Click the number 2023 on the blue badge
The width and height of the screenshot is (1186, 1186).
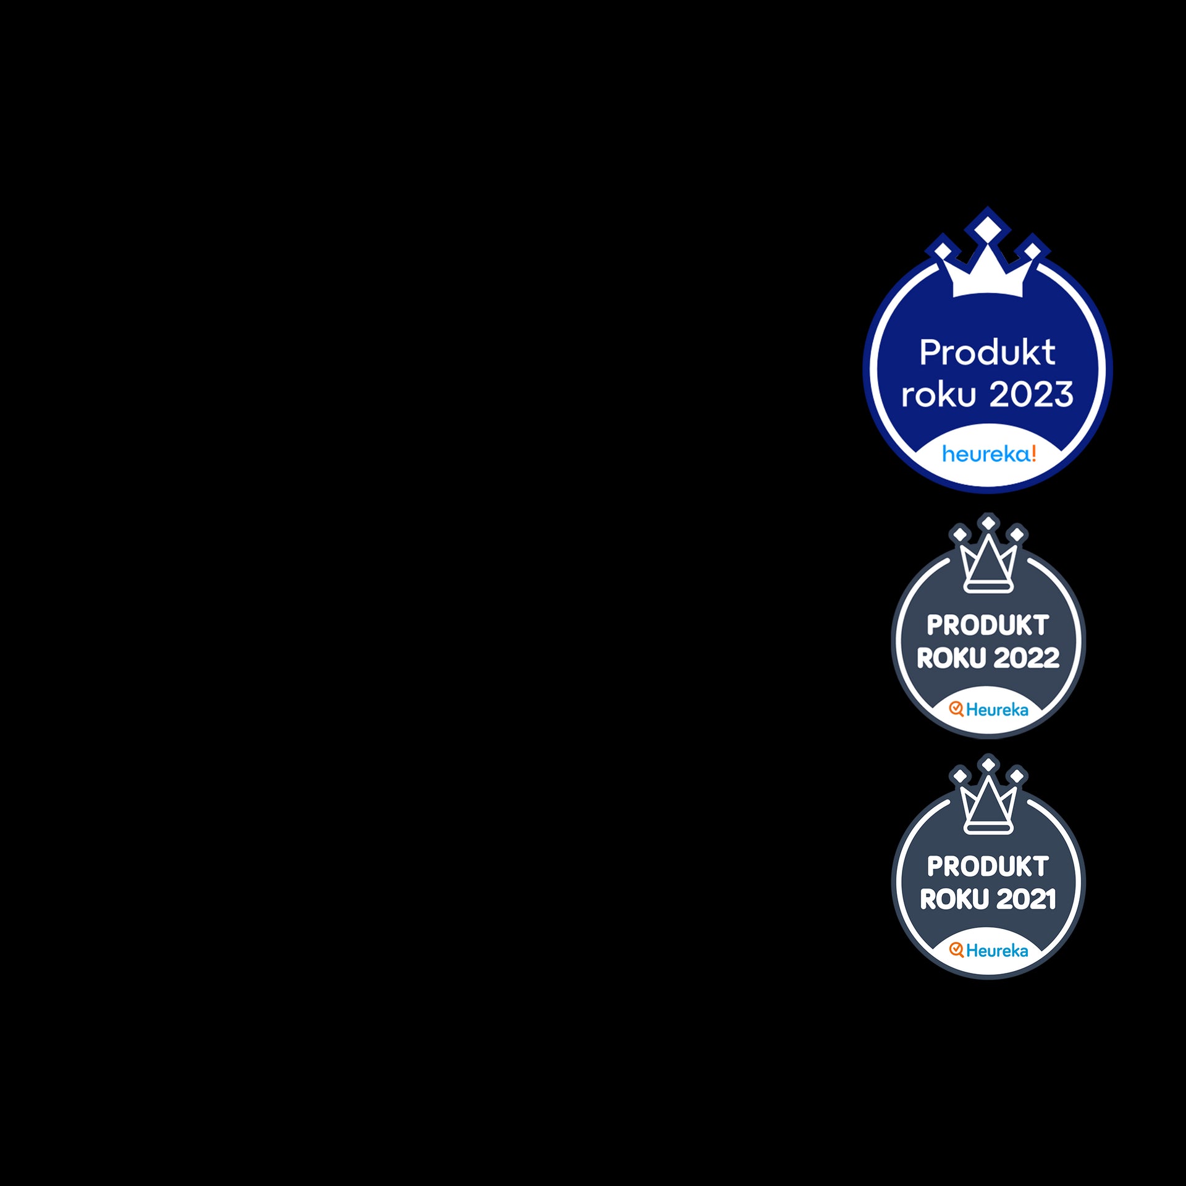click(x=1032, y=394)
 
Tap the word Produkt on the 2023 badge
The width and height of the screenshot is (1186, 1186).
click(x=987, y=353)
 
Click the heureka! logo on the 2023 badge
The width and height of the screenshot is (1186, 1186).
click(x=988, y=454)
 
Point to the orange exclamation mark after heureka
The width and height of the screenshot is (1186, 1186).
click(x=1033, y=453)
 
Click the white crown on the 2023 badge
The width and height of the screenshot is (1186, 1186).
click(x=988, y=275)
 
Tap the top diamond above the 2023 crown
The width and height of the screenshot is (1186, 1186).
click(x=988, y=225)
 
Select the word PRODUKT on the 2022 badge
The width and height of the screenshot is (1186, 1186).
click(x=988, y=625)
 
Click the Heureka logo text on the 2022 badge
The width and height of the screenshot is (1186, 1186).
click(x=997, y=710)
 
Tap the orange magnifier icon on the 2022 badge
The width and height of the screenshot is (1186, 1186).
click(x=956, y=709)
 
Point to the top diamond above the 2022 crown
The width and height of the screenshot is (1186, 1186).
click(x=988, y=523)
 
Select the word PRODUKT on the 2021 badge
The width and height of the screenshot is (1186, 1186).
click(x=988, y=866)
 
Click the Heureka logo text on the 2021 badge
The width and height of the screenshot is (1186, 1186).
click(x=997, y=951)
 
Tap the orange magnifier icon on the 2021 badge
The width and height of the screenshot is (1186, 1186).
click(x=956, y=950)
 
